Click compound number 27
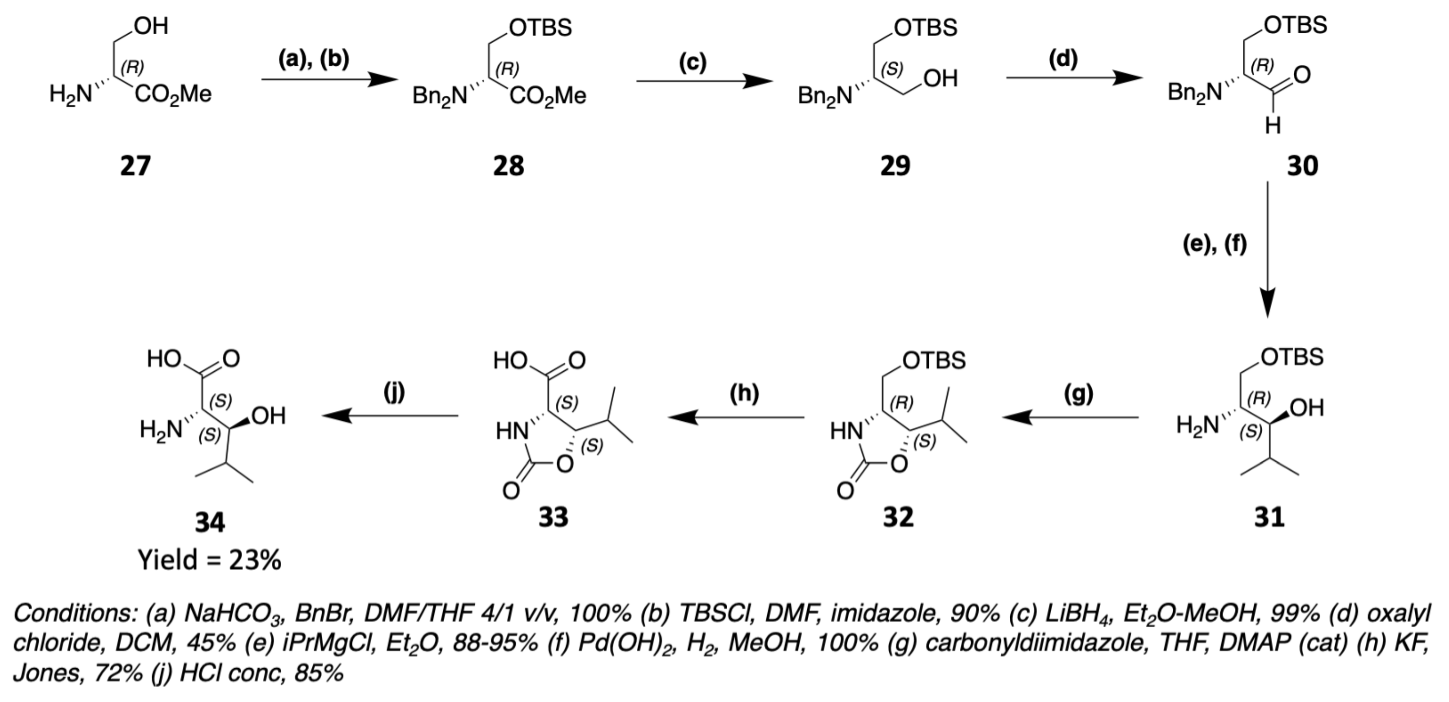pos(135,166)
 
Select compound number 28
pos(508,166)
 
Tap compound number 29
pos(895,166)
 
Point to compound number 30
pos(1302,166)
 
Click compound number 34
pos(210,523)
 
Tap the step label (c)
pos(692,62)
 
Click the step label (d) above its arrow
pos(1063,58)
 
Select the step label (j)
pos(394,392)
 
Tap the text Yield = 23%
pos(210,560)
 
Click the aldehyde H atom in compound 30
pos(1273,126)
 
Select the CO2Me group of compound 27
pos(173,94)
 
